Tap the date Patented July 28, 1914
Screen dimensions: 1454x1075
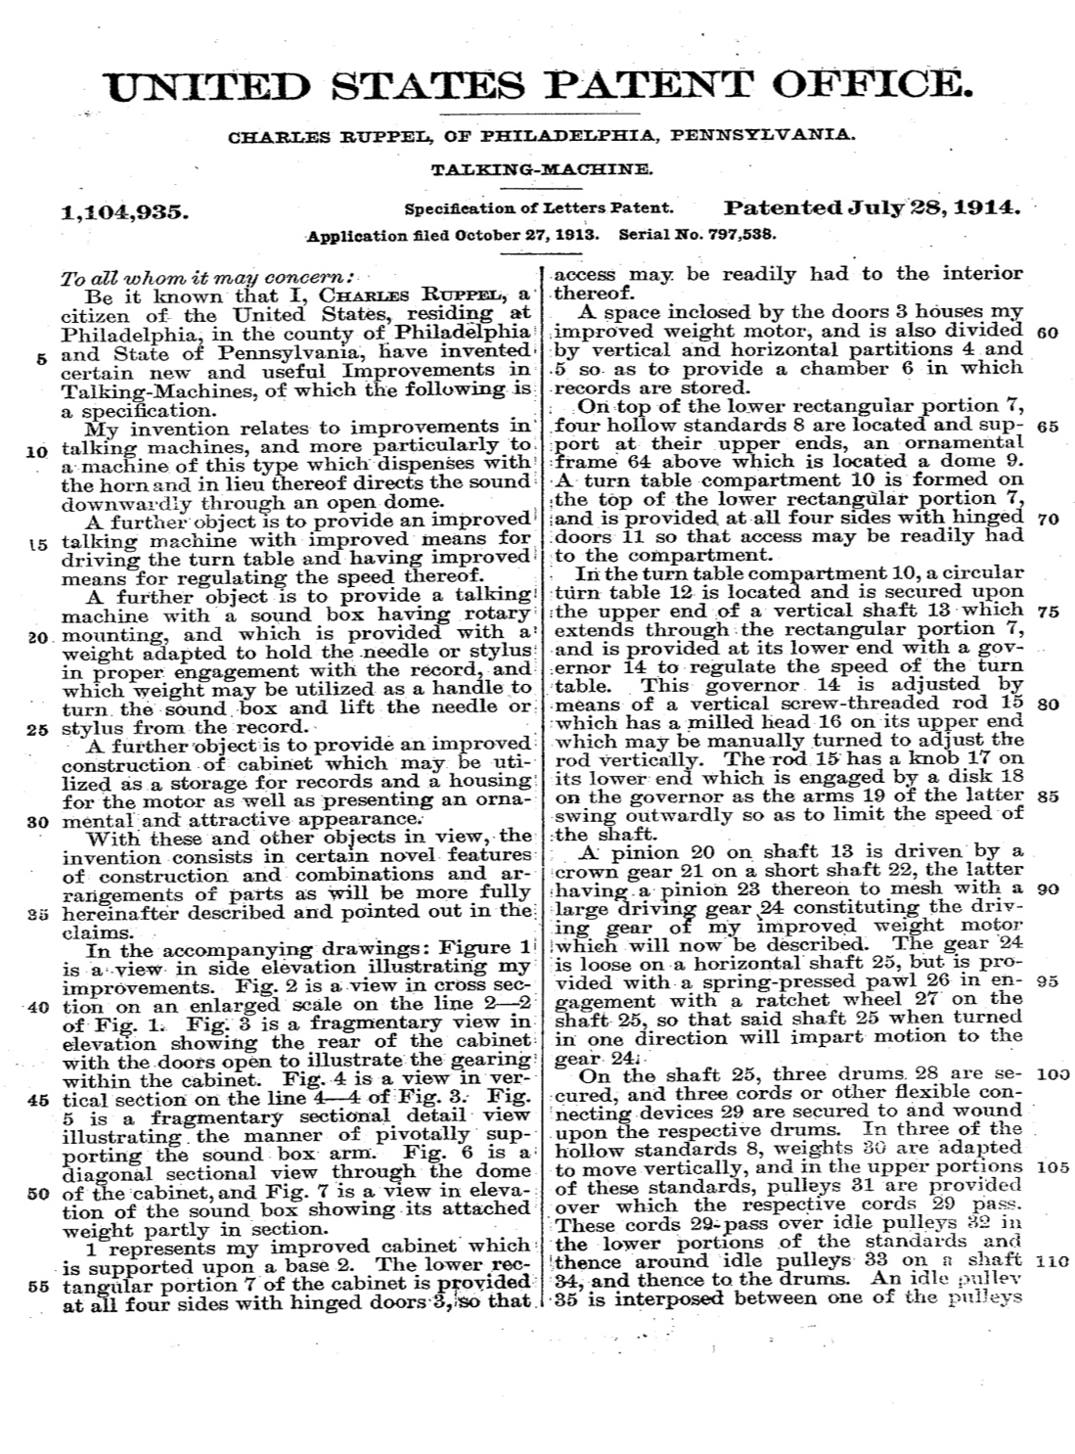(x=873, y=207)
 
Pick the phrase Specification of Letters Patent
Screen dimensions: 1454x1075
(x=539, y=208)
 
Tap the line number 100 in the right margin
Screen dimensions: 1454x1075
(x=1054, y=1074)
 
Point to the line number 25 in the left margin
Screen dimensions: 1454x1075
(x=38, y=728)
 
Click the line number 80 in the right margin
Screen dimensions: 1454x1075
(x=1046, y=704)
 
